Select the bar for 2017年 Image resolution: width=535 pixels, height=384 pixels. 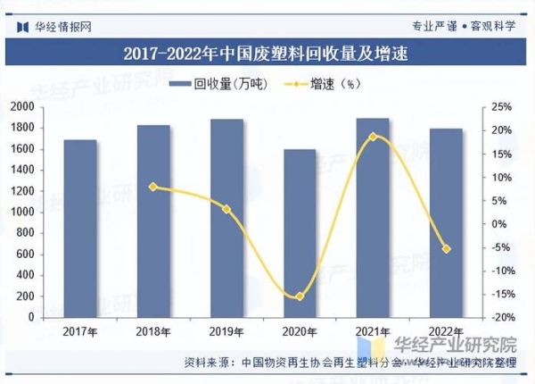80,229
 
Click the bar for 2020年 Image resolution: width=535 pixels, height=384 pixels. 299,233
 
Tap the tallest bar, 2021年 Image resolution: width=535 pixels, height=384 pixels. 373,218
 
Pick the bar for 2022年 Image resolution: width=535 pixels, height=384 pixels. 447,223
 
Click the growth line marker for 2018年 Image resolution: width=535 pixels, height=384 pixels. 153,187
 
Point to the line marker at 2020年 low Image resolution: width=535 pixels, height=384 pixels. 300,296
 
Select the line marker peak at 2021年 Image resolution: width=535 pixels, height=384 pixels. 373,137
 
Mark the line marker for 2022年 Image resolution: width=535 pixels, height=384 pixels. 447,248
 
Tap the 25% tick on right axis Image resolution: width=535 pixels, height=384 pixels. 501,107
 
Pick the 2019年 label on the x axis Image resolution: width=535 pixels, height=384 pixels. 226,332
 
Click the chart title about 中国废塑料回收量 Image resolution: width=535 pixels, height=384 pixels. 267,54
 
